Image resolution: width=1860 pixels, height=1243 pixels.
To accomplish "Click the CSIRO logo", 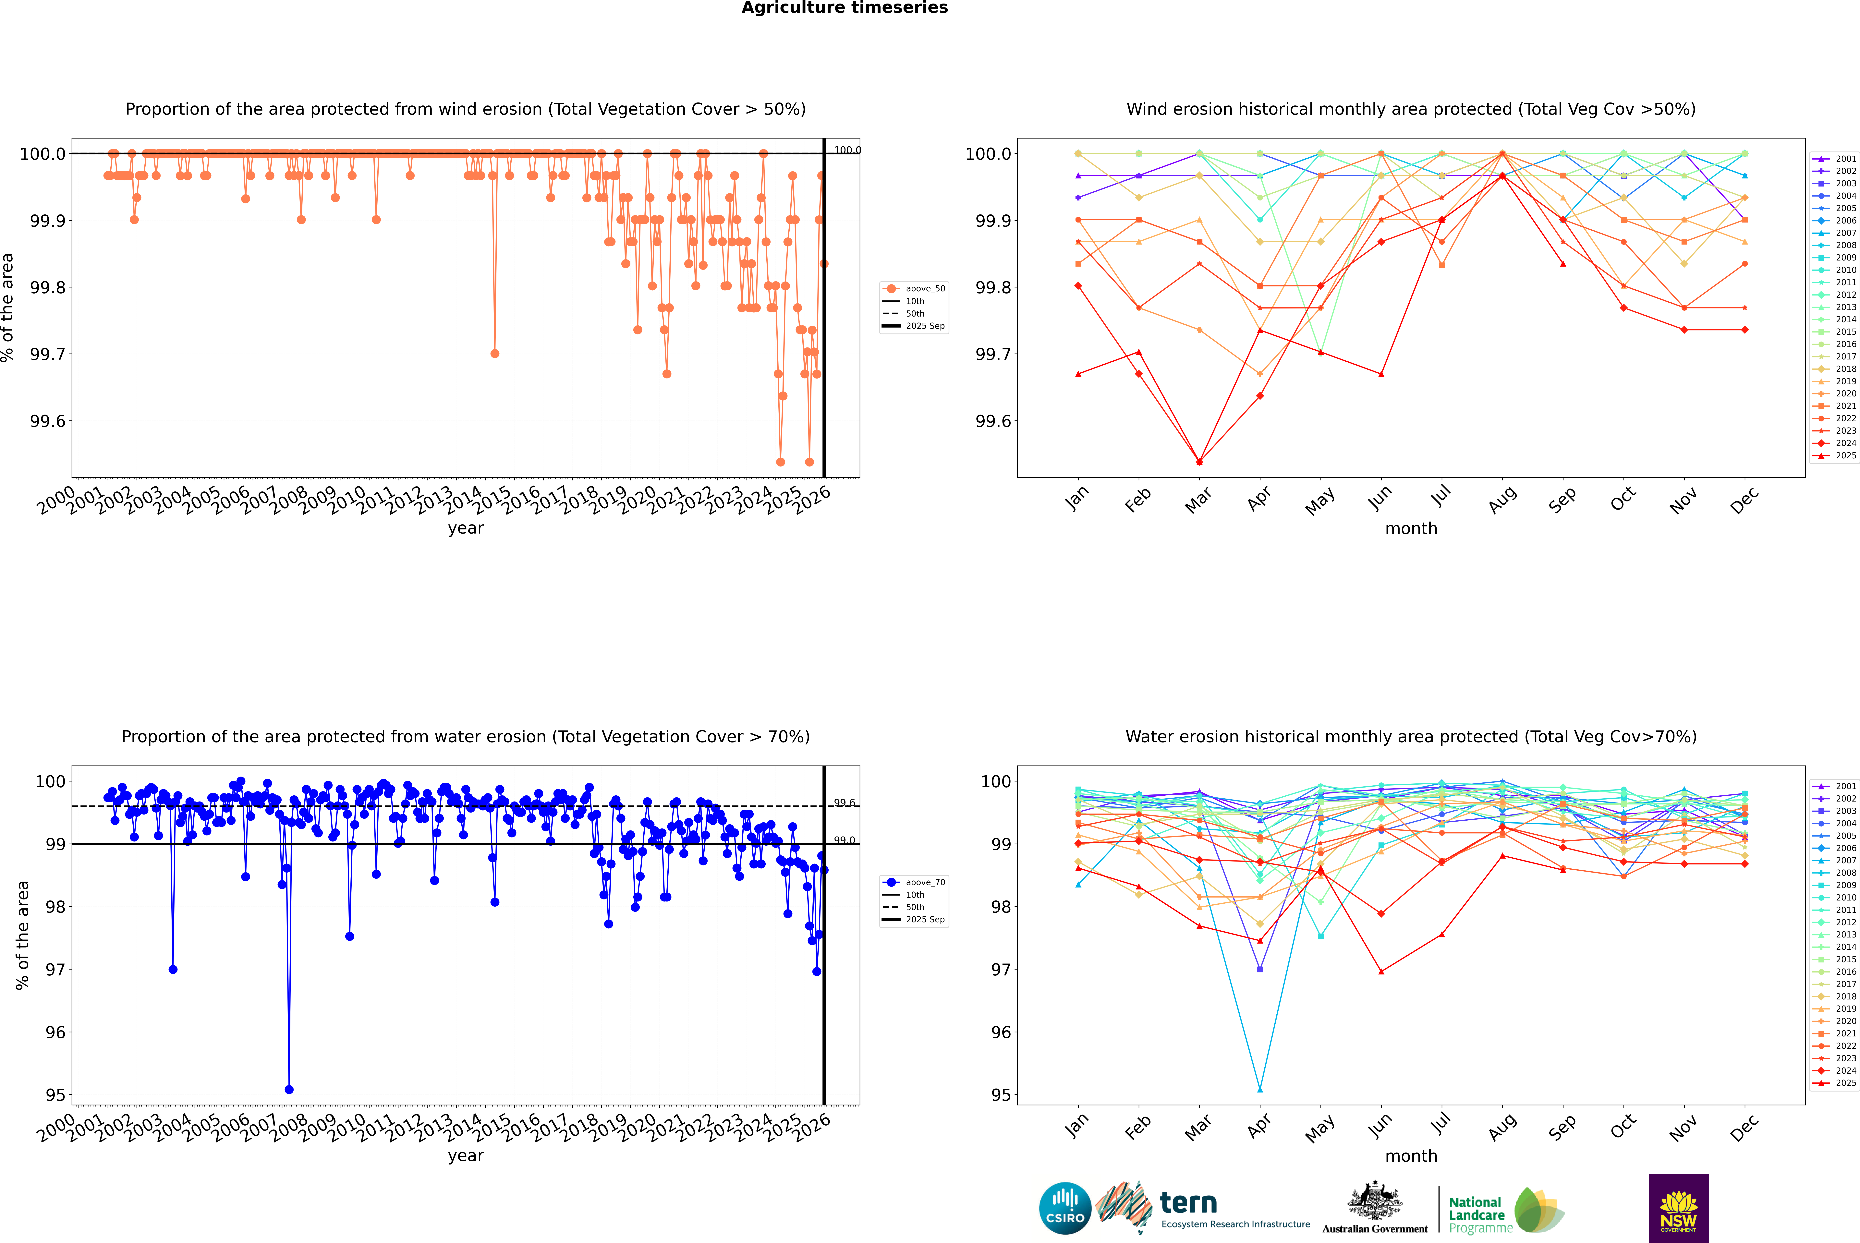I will pyautogui.click(x=1065, y=1208).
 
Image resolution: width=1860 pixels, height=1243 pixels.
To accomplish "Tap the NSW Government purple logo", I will pyautogui.click(x=1678, y=1208).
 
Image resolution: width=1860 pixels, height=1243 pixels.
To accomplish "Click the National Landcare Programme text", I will pyautogui.click(x=1476, y=1214).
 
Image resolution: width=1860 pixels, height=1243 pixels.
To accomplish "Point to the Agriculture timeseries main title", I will pyautogui.click(x=844, y=8).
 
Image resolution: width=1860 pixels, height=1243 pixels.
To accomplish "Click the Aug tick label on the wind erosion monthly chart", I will pyautogui.click(x=1502, y=499).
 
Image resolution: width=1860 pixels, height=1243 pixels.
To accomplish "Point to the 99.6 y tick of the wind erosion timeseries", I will pyautogui.click(x=48, y=421).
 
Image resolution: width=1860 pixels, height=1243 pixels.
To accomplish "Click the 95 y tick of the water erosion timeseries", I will pyautogui.click(x=55, y=1095).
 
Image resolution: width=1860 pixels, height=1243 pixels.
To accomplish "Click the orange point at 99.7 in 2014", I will pyautogui.click(x=495, y=354).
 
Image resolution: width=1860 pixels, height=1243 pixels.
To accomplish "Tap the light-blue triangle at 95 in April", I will pyautogui.click(x=1260, y=1089).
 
